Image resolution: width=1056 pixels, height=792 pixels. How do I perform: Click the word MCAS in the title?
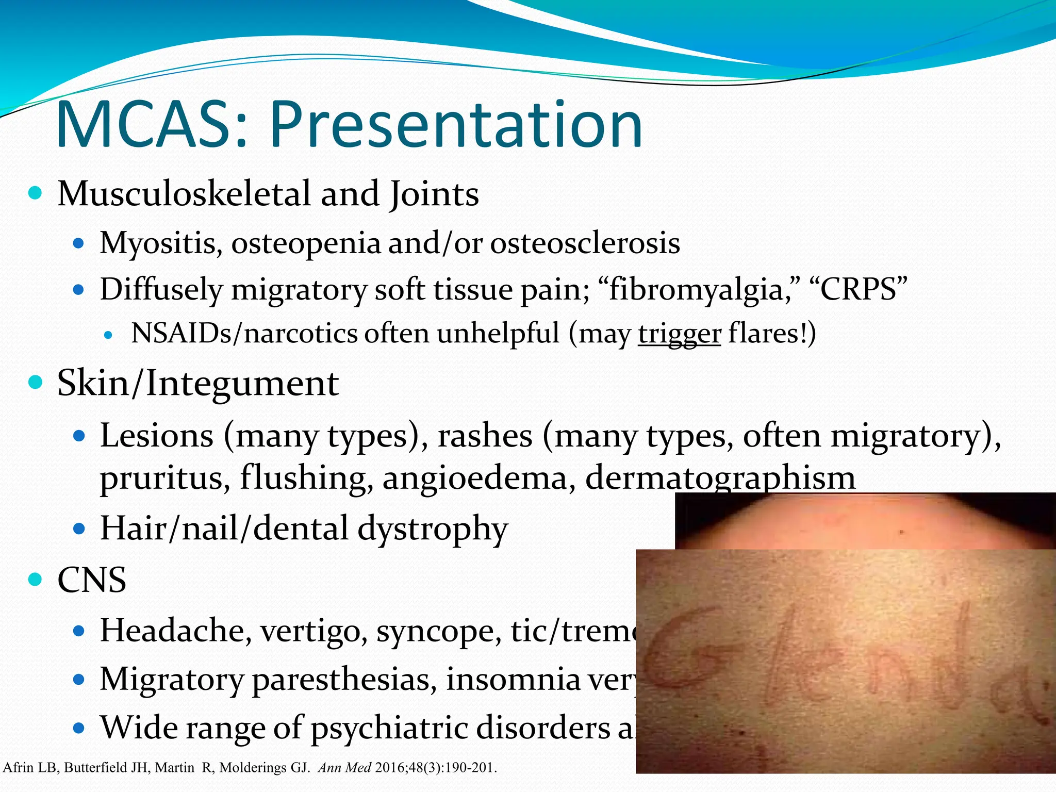(x=150, y=126)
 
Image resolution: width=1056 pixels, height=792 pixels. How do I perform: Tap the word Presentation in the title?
(x=456, y=126)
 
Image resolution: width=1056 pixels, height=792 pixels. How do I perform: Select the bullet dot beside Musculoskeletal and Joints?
(x=35, y=194)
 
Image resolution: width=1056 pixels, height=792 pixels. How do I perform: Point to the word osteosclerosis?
(x=585, y=243)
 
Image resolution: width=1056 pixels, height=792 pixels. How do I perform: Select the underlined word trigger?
(x=679, y=334)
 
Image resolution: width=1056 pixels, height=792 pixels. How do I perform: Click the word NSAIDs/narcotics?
(x=244, y=334)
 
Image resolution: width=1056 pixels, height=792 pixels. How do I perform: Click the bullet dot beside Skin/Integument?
(x=35, y=383)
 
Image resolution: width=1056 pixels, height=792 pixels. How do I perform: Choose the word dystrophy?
(x=433, y=529)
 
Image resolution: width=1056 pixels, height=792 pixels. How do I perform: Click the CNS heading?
(x=92, y=580)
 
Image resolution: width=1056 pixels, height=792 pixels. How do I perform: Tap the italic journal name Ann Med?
(x=344, y=768)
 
